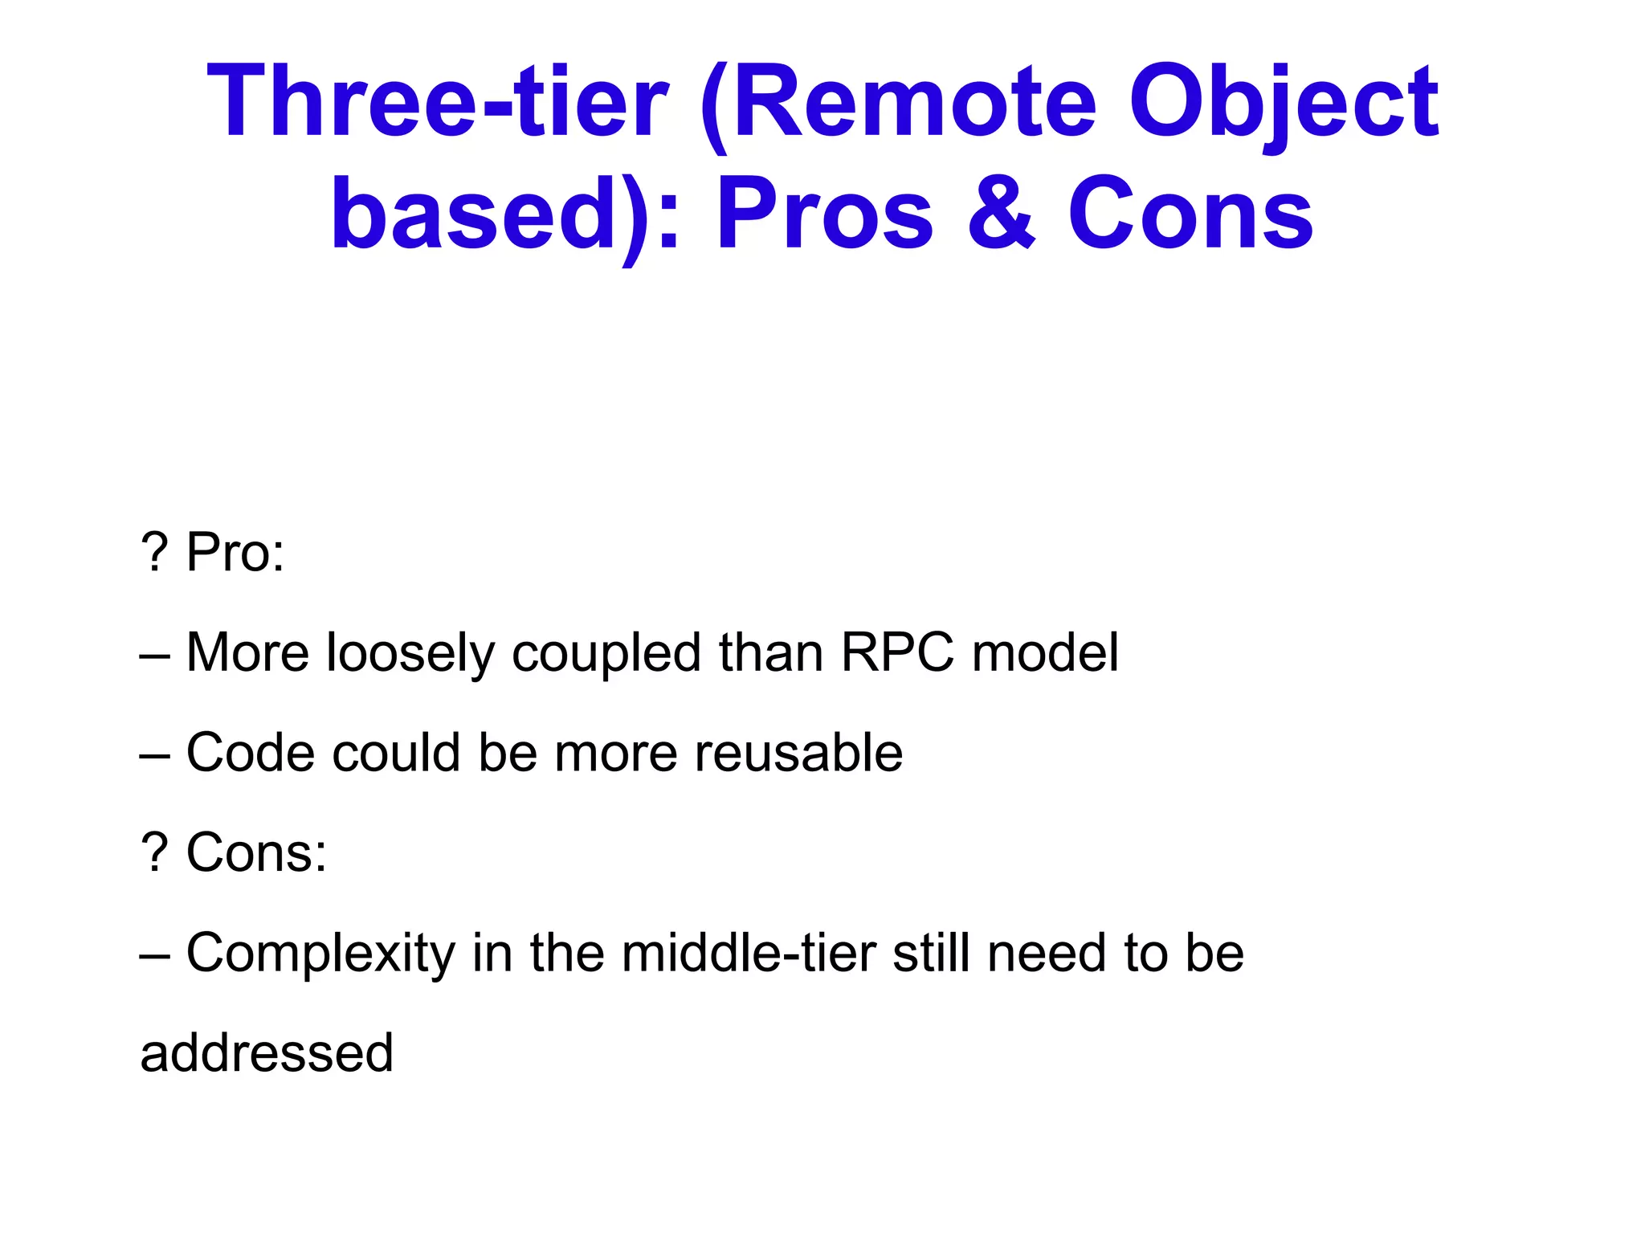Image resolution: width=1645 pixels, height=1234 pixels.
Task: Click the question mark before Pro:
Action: pos(153,553)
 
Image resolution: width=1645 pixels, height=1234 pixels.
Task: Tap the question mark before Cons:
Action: pos(153,852)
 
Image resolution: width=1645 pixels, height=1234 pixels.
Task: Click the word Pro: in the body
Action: pos(235,553)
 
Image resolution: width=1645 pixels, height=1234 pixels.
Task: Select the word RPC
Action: pos(897,652)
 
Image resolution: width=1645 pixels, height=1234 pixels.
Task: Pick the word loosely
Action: pos(410,652)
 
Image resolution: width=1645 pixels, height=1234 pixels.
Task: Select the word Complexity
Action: pos(320,954)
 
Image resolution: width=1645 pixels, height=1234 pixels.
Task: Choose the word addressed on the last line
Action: pos(267,1053)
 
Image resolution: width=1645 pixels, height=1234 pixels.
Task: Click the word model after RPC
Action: pos(1044,652)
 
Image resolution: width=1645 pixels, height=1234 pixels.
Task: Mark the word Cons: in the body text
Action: pos(256,852)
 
